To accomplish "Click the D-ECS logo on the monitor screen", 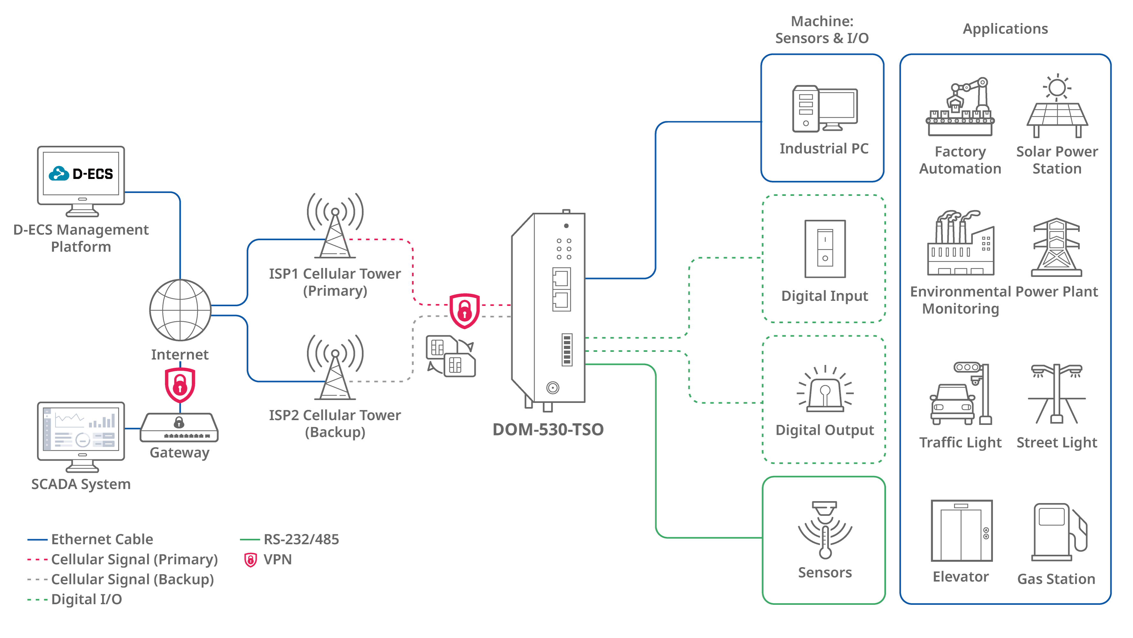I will click(x=81, y=174).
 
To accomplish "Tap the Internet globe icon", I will click(x=180, y=310).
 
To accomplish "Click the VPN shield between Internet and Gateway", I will click(x=180, y=385).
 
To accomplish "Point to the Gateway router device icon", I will click(x=179, y=427).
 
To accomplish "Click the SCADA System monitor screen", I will click(x=81, y=431).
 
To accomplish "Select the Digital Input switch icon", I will click(x=825, y=249).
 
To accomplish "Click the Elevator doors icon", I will click(x=961, y=531).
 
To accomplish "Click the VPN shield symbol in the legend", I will click(x=250, y=560).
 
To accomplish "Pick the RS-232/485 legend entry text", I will click(x=301, y=539).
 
